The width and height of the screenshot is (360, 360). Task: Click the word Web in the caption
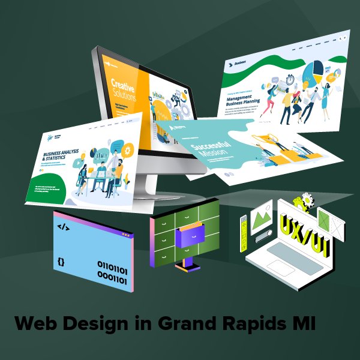pos(35,324)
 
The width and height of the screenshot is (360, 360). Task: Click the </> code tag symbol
pos(62,226)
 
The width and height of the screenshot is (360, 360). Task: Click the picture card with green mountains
pos(263,215)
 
